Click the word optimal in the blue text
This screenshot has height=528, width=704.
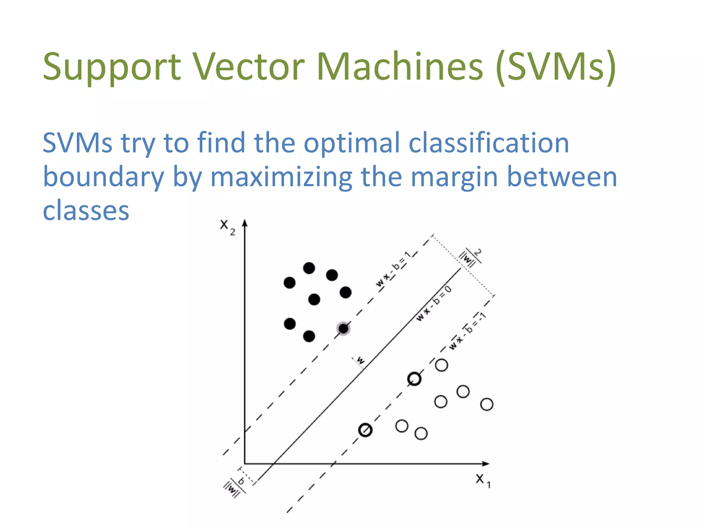pos(352,143)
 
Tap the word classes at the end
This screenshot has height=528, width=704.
pos(86,210)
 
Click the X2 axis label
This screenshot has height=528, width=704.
pos(227,227)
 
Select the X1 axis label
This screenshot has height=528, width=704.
pos(483,480)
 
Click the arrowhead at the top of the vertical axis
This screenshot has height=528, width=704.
pos(245,223)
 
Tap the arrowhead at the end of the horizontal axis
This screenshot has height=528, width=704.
pos(485,464)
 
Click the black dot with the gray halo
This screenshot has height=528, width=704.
pos(343,329)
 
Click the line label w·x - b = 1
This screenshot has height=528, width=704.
pos(393,269)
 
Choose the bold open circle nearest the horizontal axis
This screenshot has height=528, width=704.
pos(365,430)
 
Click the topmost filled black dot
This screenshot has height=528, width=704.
pos(309,268)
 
